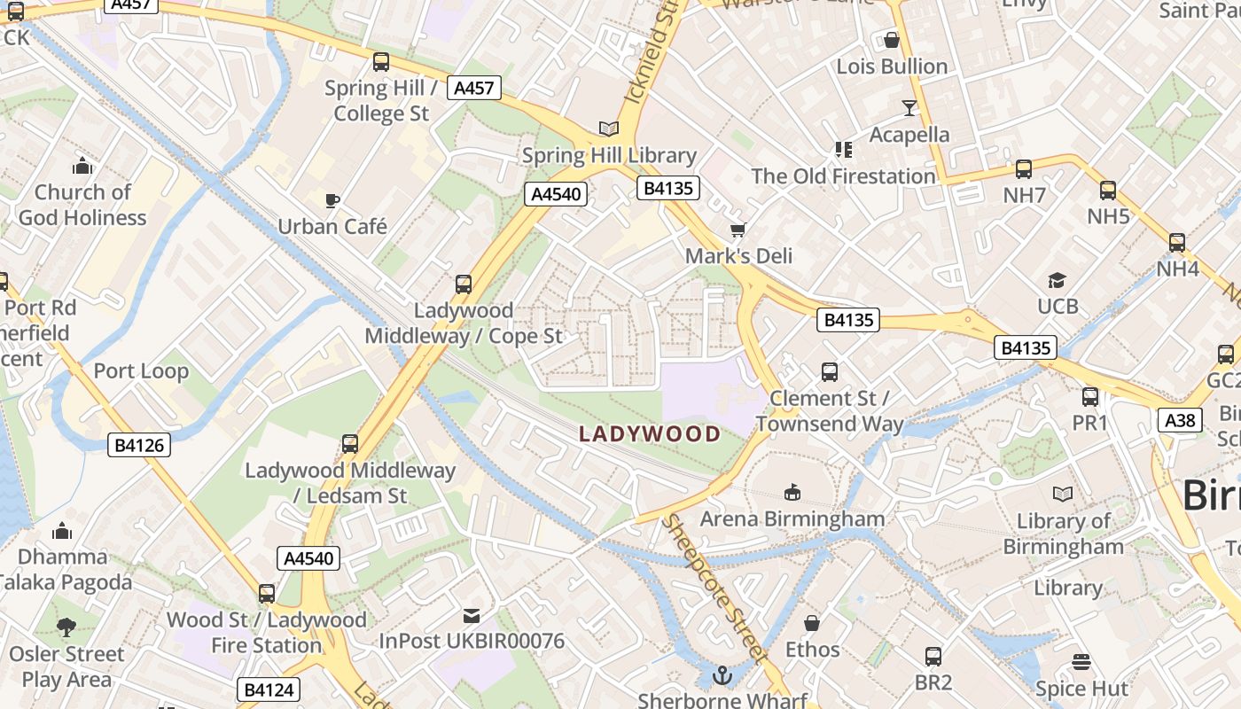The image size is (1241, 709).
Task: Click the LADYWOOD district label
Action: click(x=650, y=434)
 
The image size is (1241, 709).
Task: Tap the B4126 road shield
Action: click(x=140, y=445)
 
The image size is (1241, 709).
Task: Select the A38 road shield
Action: click(x=1180, y=419)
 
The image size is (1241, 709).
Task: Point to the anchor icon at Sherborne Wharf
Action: click(x=722, y=676)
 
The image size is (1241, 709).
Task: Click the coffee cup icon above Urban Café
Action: click(x=332, y=200)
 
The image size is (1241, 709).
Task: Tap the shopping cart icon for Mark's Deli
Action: click(x=738, y=230)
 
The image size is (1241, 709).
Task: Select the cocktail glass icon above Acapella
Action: click(x=909, y=108)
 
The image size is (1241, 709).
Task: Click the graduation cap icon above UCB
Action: click(x=1057, y=281)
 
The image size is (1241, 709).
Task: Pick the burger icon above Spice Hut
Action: click(x=1081, y=662)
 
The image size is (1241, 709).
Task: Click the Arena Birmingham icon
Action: click(x=792, y=492)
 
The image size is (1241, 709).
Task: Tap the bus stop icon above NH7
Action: click(x=1024, y=169)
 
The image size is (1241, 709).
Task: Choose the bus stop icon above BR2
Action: click(x=933, y=657)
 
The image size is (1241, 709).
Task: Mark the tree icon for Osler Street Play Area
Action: click(x=66, y=627)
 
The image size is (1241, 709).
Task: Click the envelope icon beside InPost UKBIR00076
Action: click(x=472, y=615)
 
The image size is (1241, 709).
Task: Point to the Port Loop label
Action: click(x=141, y=370)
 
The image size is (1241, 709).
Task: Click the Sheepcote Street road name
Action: click(x=714, y=588)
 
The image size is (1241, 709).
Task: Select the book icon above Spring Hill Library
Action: click(x=608, y=129)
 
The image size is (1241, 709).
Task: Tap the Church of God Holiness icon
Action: click(x=82, y=166)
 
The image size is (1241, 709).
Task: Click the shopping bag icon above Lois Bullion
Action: click(x=892, y=40)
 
